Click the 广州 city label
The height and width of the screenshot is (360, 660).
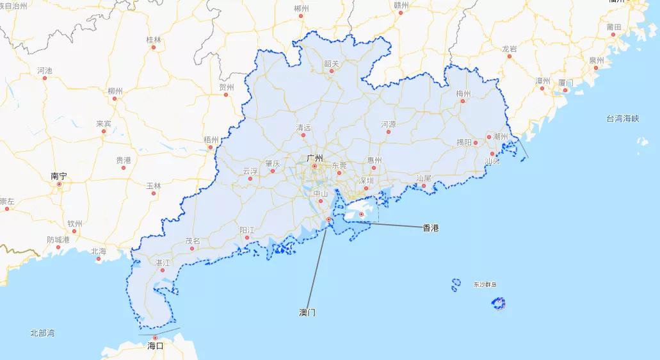(x=314, y=158)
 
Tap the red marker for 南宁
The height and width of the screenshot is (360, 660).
(x=59, y=184)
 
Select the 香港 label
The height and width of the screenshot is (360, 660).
(x=431, y=227)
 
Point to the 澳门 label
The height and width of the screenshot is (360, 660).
(x=307, y=313)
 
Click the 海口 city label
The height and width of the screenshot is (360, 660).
(x=155, y=346)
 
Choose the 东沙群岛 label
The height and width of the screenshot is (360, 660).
(x=485, y=284)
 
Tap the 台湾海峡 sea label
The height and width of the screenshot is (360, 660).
(x=623, y=119)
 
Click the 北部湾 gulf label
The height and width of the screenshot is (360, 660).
(x=42, y=333)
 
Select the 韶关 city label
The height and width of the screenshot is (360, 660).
(x=332, y=63)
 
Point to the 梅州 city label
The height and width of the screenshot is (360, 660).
(x=463, y=94)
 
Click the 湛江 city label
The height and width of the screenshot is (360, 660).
(x=163, y=263)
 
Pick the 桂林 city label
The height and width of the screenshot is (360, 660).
(x=154, y=40)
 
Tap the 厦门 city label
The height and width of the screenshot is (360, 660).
(x=565, y=83)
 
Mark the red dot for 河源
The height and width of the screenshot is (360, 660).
(x=389, y=131)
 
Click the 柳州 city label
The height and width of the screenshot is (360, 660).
(x=115, y=92)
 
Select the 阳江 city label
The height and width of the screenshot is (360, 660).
(x=247, y=229)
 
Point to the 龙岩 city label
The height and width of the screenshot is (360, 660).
(x=510, y=48)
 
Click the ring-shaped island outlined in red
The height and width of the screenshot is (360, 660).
(x=499, y=304)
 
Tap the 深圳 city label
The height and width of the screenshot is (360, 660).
(x=366, y=181)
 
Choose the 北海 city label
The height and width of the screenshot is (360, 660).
(x=99, y=251)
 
